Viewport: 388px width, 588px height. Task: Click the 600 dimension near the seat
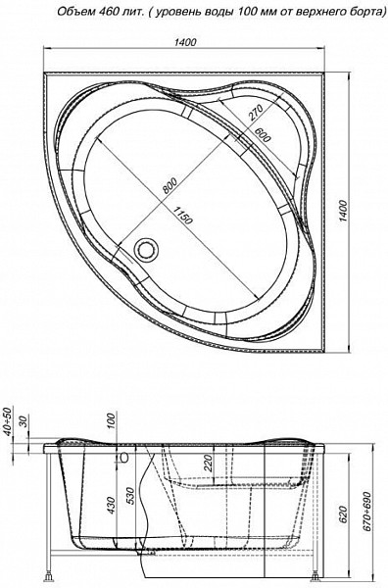click(x=263, y=137)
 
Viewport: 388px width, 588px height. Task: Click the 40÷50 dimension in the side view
click(x=9, y=424)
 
